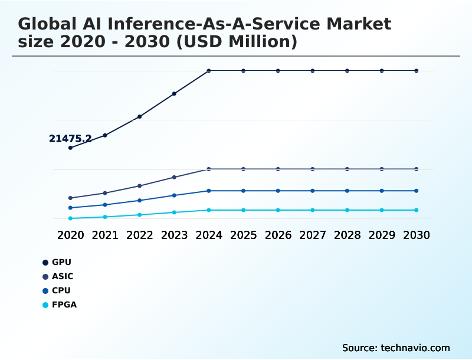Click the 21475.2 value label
[x=70, y=139]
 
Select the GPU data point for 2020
[x=70, y=148]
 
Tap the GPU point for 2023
[x=174, y=94]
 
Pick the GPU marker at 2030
[x=417, y=71]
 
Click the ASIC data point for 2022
[x=139, y=186]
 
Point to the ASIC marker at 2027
[x=313, y=169]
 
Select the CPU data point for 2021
[x=105, y=205]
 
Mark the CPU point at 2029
[x=382, y=191]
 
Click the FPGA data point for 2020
[x=70, y=218]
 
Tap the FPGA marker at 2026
[x=278, y=210]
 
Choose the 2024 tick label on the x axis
[x=209, y=235]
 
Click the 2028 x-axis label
[x=347, y=235]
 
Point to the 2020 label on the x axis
[x=70, y=235]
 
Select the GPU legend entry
[x=57, y=262]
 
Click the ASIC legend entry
[x=58, y=276]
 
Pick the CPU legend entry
[x=57, y=290]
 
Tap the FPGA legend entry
[x=60, y=305]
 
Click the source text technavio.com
[x=415, y=348]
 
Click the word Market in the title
[x=359, y=24]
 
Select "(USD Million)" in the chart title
[x=237, y=41]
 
